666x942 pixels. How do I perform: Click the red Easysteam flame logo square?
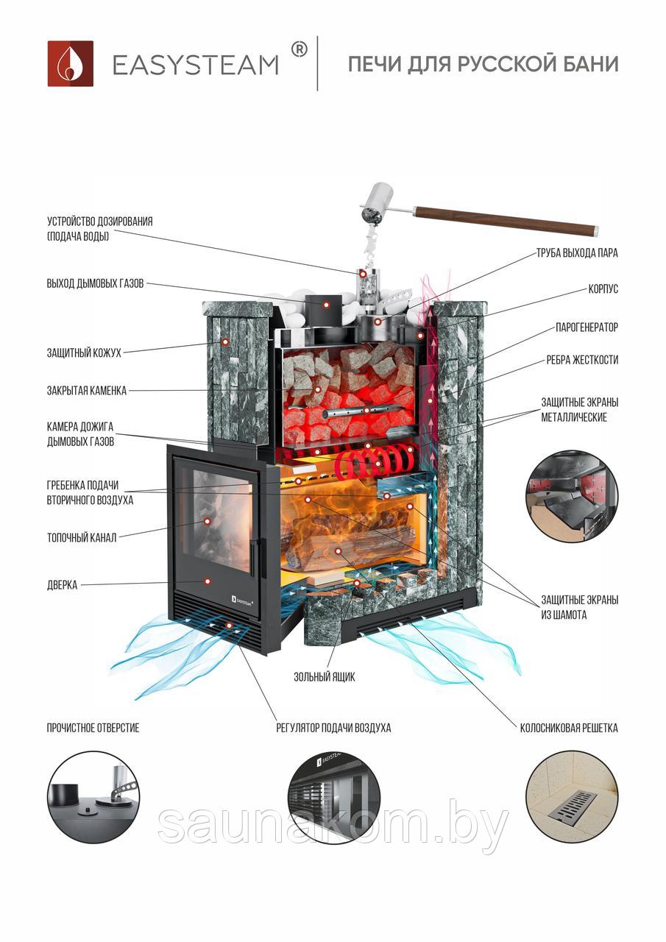[70, 63]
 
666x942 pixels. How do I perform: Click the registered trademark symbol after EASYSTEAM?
[299, 49]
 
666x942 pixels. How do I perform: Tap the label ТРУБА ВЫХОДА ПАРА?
[577, 253]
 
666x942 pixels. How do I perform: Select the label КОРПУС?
[603, 289]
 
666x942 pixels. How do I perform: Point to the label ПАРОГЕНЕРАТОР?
[587, 327]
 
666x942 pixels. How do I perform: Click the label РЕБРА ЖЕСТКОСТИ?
[582, 360]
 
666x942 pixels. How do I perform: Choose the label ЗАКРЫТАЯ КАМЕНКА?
[87, 390]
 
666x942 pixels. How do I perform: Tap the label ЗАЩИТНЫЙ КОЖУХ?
[84, 353]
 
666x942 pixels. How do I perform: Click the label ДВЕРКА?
[62, 585]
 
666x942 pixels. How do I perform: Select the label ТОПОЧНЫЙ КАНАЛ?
[81, 537]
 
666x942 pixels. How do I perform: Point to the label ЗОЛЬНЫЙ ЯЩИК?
[325, 676]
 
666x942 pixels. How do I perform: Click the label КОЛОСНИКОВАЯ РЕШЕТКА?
[569, 728]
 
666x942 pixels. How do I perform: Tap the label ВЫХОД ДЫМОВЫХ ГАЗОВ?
[95, 283]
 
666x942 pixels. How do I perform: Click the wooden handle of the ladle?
[506, 219]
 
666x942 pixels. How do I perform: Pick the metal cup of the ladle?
[378, 201]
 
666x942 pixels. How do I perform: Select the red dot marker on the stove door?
[207, 581]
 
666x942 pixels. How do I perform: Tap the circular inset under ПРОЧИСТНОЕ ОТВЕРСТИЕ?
[93, 798]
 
